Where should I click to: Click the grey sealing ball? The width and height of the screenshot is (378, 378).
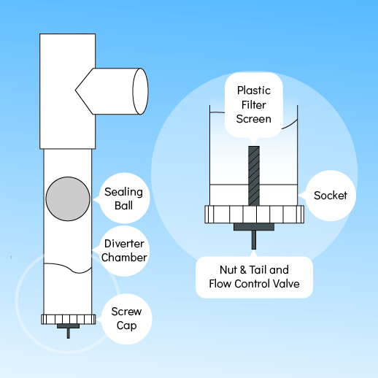(68, 198)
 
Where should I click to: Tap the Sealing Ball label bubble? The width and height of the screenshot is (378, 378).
(124, 198)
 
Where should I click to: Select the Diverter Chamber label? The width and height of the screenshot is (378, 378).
(124, 251)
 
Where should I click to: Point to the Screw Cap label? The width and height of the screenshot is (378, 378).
(126, 319)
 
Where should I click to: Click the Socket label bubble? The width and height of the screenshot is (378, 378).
(331, 196)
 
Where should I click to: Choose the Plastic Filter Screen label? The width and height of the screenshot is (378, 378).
(254, 105)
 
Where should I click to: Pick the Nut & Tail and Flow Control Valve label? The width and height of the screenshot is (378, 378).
(254, 277)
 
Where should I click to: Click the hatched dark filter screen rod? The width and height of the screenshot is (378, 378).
(254, 176)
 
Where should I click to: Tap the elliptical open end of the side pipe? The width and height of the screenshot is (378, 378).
(140, 91)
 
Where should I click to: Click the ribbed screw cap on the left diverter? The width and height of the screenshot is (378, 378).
(69, 320)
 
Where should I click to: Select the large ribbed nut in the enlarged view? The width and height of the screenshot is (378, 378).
(255, 215)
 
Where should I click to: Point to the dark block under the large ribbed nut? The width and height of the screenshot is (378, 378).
(254, 227)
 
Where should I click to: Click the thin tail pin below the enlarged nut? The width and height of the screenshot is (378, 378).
(254, 240)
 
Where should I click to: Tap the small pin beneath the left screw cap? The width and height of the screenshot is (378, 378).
(69, 333)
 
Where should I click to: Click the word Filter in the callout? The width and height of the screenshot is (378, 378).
(254, 105)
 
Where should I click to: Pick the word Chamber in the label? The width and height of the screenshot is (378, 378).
(124, 258)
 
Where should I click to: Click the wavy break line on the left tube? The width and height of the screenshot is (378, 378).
(68, 267)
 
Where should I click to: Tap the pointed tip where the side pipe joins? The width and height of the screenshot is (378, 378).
(75, 90)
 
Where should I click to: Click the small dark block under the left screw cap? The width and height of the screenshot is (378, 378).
(69, 326)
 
